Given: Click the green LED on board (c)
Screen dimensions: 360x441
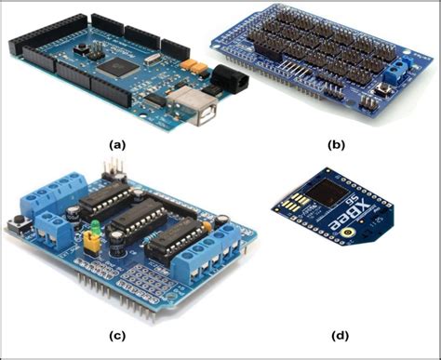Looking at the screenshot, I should (x=96, y=225).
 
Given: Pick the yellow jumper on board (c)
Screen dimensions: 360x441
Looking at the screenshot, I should (x=91, y=244).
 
